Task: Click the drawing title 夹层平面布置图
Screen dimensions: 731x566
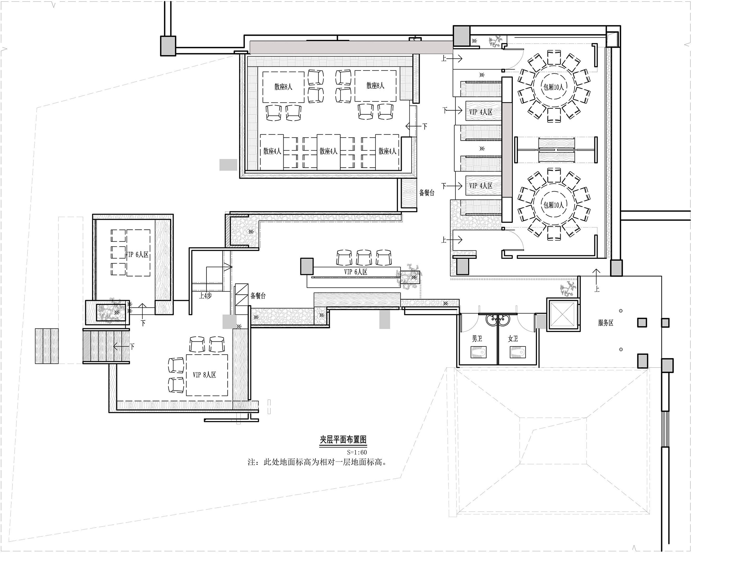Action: point(343,440)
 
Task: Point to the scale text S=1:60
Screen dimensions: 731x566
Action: point(357,452)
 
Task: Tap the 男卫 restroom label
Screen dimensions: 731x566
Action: point(477,339)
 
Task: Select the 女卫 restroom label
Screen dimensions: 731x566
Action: point(513,339)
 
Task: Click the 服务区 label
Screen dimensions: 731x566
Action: point(606,323)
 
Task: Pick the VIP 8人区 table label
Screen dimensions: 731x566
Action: point(204,375)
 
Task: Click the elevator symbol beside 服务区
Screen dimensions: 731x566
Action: point(563,314)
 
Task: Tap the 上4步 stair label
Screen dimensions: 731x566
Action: point(205,296)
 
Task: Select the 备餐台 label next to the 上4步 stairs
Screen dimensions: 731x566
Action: point(258,296)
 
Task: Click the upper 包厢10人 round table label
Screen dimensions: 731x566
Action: point(554,87)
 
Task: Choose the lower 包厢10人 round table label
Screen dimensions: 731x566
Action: point(554,205)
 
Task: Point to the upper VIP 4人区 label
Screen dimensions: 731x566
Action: point(481,112)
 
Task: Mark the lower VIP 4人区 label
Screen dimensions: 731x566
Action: point(481,186)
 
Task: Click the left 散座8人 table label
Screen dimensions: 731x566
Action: point(283,87)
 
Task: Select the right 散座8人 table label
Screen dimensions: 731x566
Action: point(375,85)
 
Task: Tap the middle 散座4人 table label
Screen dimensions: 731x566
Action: point(328,151)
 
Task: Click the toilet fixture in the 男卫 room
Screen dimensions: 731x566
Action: point(478,352)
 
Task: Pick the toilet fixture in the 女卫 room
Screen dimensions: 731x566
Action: point(518,352)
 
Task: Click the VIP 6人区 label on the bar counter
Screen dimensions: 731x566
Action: point(355,272)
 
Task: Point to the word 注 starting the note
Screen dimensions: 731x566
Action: point(251,462)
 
